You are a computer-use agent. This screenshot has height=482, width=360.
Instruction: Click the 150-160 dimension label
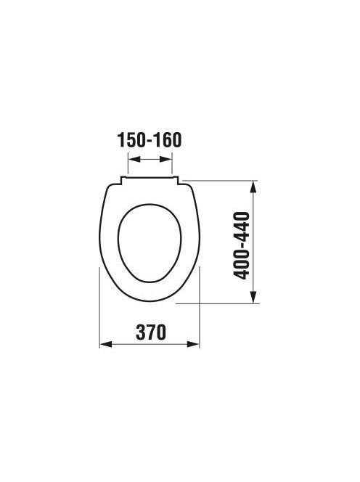pyautogui.click(x=150, y=140)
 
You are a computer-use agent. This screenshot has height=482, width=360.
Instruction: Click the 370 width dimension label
pyautogui.click(x=151, y=332)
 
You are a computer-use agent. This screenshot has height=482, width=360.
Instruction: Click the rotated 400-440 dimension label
pyautogui.click(x=242, y=245)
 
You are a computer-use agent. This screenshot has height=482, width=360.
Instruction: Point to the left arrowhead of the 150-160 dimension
pyautogui.click(x=134, y=159)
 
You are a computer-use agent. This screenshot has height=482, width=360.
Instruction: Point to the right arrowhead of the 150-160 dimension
pyautogui.click(x=165, y=159)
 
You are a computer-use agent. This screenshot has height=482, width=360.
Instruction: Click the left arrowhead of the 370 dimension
pyautogui.click(x=105, y=344)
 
